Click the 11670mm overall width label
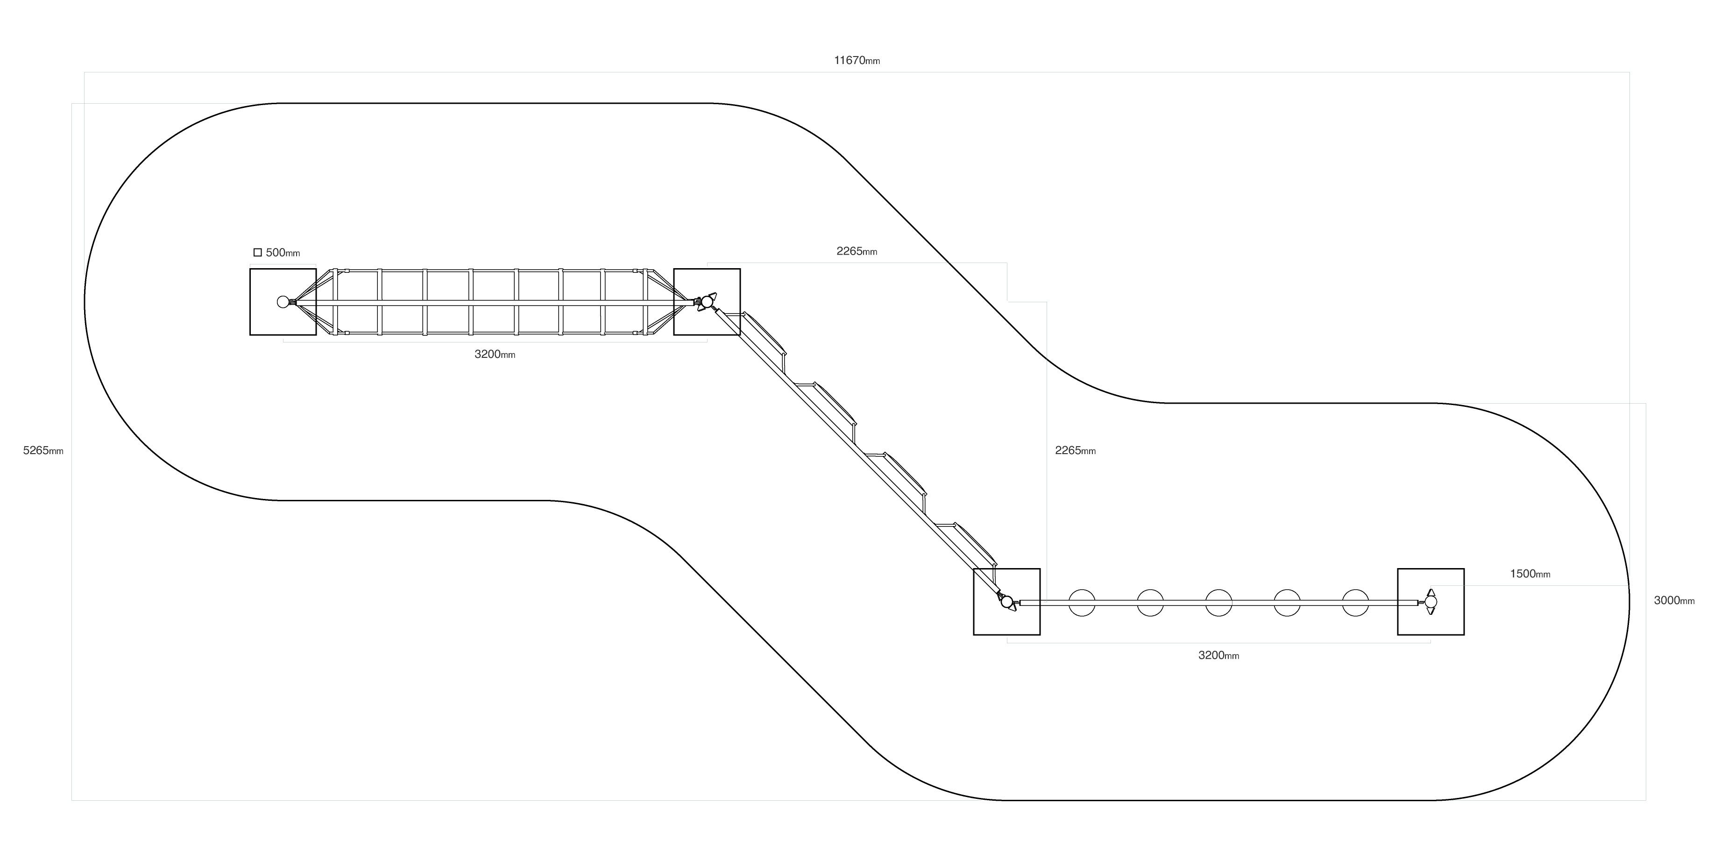[x=857, y=61]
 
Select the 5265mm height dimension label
[x=43, y=450]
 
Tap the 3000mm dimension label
[x=1674, y=600]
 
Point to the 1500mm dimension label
[x=1530, y=574]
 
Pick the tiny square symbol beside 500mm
[x=258, y=253]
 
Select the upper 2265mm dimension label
[x=857, y=251]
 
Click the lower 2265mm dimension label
[x=1076, y=450]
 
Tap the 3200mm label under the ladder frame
[x=495, y=354]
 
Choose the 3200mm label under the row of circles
[x=1218, y=655]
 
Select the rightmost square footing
[x=1431, y=602]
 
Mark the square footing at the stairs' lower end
[x=1007, y=602]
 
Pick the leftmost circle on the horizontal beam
[x=1082, y=602]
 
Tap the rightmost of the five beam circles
[x=1356, y=602]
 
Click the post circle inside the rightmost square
[x=1431, y=602]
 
